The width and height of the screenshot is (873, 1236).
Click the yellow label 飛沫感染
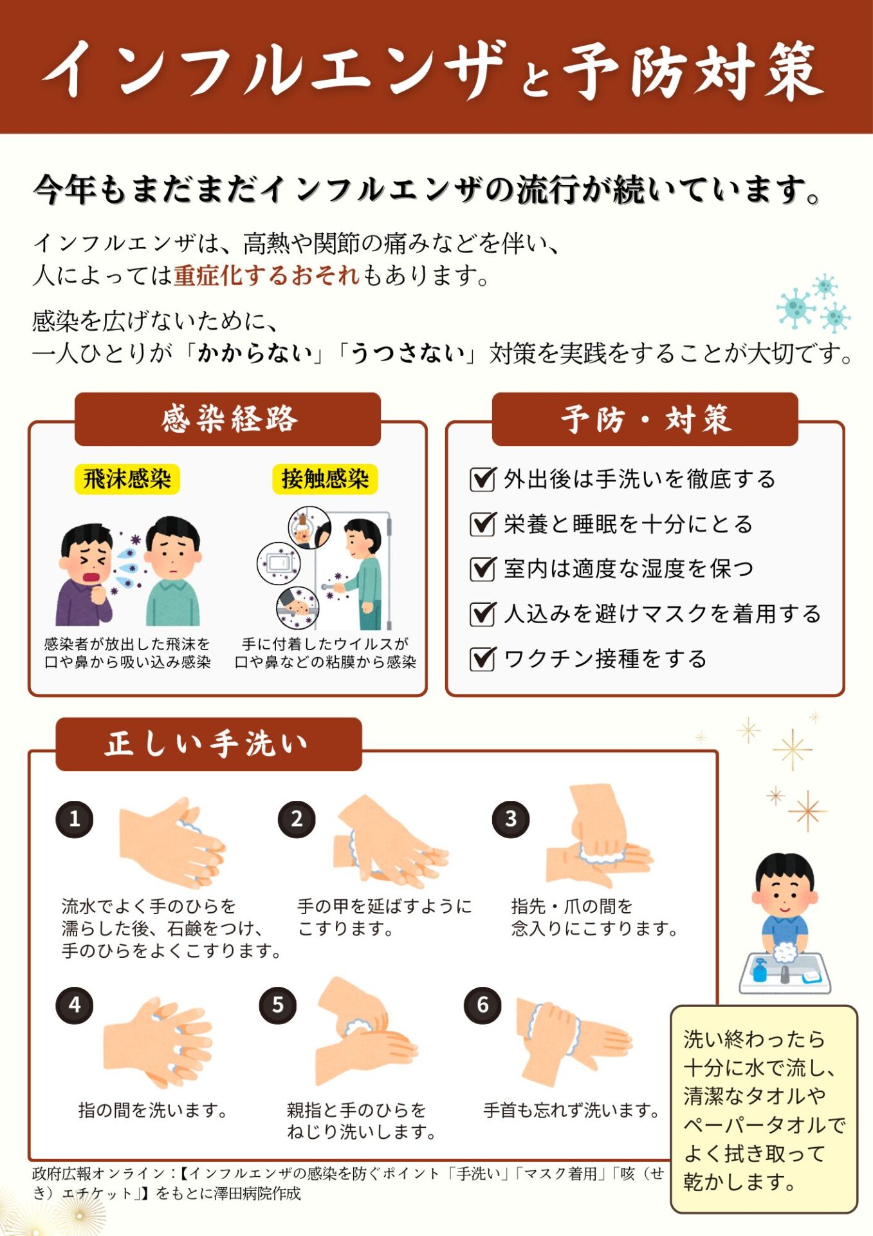pyautogui.click(x=127, y=479)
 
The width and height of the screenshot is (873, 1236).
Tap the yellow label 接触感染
pyautogui.click(x=325, y=479)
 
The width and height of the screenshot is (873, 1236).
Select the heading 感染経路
pyautogui.click(x=228, y=419)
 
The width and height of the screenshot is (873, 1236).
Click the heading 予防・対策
pyautogui.click(x=645, y=419)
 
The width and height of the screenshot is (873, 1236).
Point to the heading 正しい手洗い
pyautogui.click(x=208, y=744)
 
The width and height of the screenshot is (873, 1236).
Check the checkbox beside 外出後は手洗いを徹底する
pyautogui.click(x=482, y=479)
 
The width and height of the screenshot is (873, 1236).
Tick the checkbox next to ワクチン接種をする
pyautogui.click(x=482, y=659)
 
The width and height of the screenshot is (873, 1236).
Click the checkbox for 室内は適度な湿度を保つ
pyautogui.click(x=482, y=568)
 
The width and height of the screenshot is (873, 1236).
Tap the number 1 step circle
pyautogui.click(x=75, y=819)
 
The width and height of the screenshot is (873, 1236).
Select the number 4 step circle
pyautogui.click(x=75, y=1005)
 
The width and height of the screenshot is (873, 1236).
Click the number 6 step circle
pyautogui.click(x=482, y=1005)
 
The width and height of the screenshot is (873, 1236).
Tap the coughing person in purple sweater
pyautogui.click(x=85, y=574)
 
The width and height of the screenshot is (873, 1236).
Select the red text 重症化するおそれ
pyautogui.click(x=266, y=276)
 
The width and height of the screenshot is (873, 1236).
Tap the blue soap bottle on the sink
pyautogui.click(x=760, y=969)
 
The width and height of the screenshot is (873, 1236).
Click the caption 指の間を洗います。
pyautogui.click(x=153, y=1110)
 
